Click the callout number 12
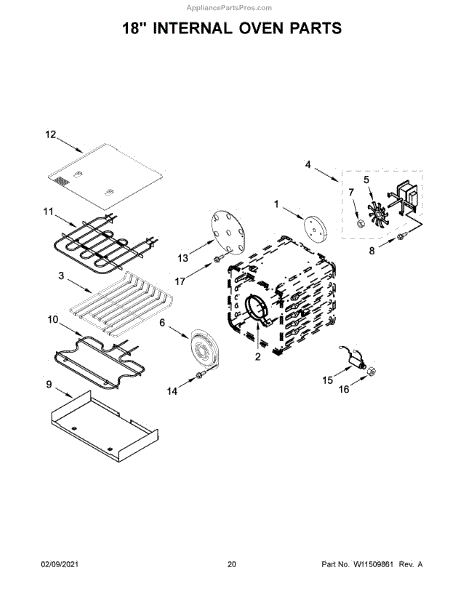pyautogui.click(x=50, y=135)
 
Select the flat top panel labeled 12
pyautogui.click(x=105, y=176)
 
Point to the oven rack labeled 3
pyautogui.click(x=121, y=303)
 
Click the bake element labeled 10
pyautogui.click(x=100, y=362)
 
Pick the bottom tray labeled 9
pyautogui.click(x=104, y=426)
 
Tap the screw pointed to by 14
pyautogui.click(x=199, y=376)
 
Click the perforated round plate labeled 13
pyautogui.click(x=228, y=232)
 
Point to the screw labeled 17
pyautogui.click(x=217, y=259)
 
